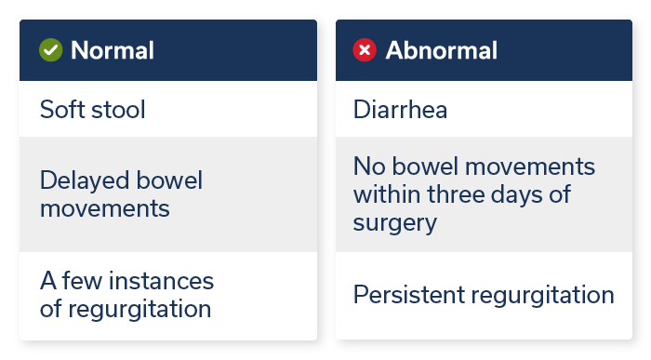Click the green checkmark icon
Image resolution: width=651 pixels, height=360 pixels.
[x=51, y=50]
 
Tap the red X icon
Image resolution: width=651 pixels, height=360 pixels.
[x=365, y=50]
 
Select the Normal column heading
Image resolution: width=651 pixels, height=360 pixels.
[x=113, y=50]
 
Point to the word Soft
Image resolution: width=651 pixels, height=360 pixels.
[x=60, y=110]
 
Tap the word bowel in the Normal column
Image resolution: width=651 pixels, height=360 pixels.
[x=167, y=180]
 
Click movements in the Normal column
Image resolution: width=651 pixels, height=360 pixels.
[x=104, y=207]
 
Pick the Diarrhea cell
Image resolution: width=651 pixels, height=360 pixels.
[x=400, y=110]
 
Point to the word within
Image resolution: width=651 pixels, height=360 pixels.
[x=384, y=195]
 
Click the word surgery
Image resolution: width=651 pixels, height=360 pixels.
[x=394, y=224]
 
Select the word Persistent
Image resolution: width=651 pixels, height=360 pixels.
[x=407, y=296]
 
